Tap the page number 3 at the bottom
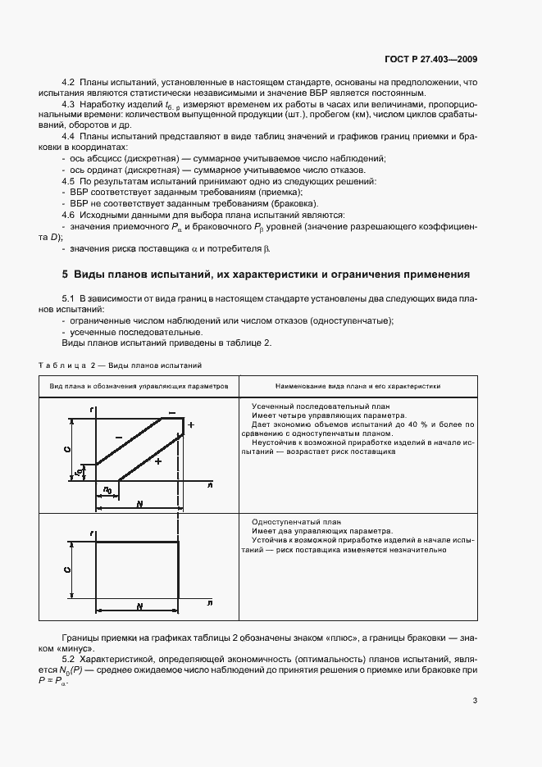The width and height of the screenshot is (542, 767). [x=475, y=701]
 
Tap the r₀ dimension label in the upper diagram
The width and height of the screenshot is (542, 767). [x=78, y=472]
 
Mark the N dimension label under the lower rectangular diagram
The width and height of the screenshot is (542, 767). [x=139, y=606]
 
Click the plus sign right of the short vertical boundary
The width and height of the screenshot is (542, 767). [x=190, y=426]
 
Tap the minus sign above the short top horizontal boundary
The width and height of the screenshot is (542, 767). [x=171, y=412]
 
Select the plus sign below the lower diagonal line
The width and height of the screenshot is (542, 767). [x=158, y=461]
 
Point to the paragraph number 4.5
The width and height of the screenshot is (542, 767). [x=69, y=179]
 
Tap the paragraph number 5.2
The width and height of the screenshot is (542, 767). [x=69, y=659]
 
